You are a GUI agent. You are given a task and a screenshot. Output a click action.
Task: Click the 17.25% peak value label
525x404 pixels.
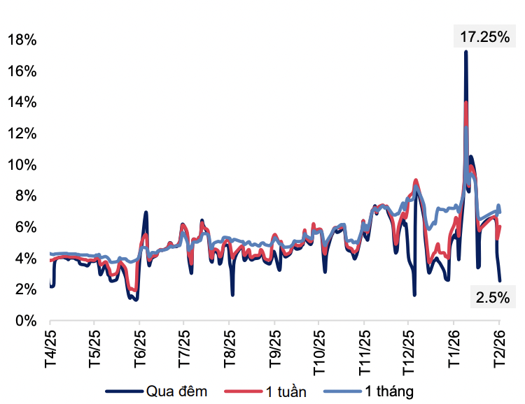click(x=484, y=37)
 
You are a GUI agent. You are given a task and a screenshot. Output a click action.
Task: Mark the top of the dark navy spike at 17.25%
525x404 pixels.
click(x=465, y=52)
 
